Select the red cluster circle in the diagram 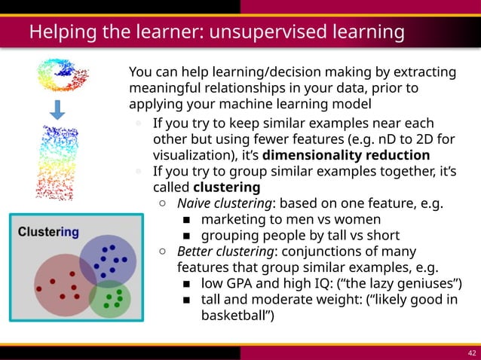tap(60, 284)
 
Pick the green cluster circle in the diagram tap(110, 298)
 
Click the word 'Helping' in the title tap(58, 32)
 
